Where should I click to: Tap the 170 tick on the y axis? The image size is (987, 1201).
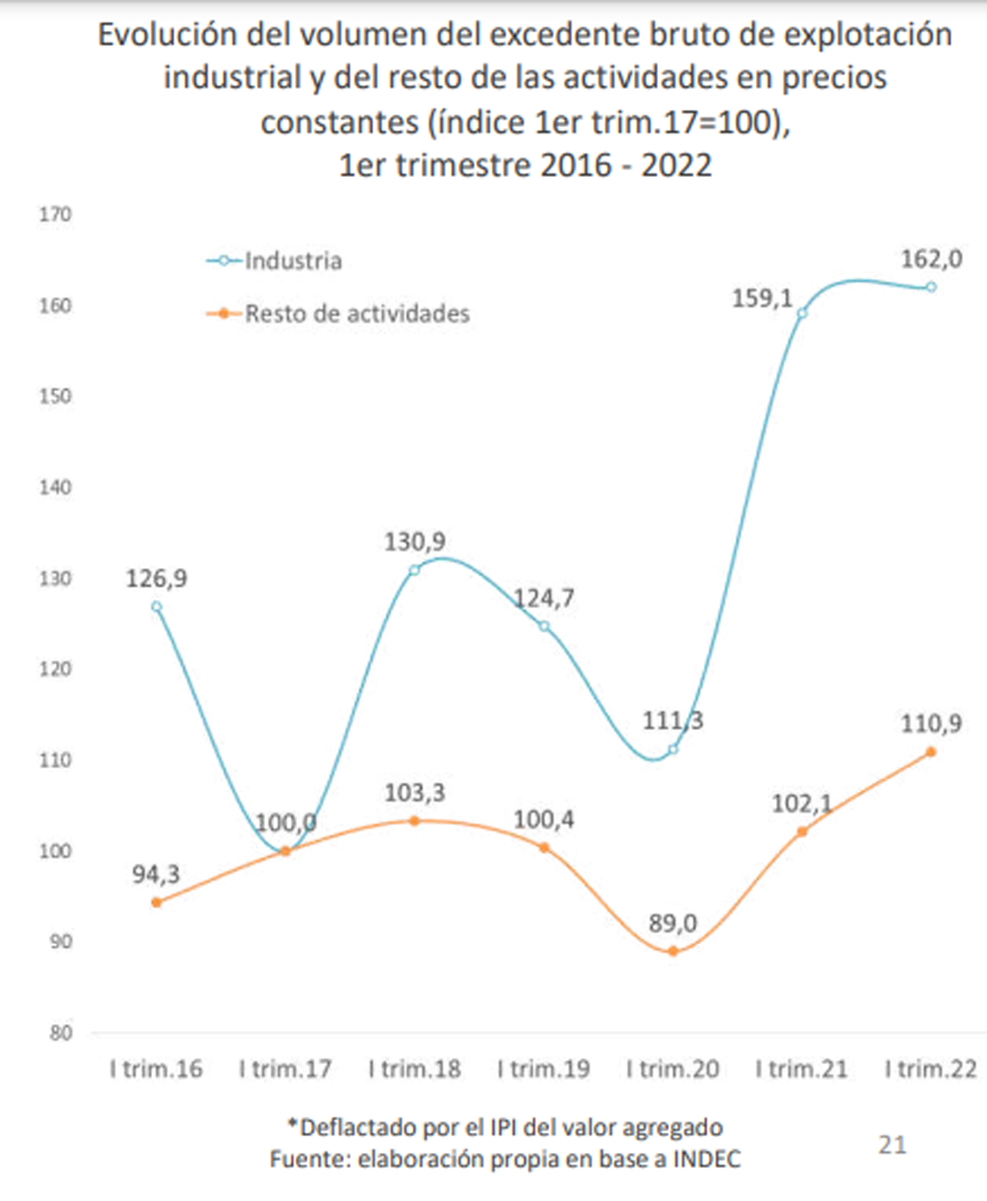[55, 214]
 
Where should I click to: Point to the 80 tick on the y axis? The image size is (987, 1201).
[60, 1033]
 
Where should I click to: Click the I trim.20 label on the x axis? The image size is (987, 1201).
[672, 1069]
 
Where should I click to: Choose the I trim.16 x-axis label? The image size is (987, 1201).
[156, 1069]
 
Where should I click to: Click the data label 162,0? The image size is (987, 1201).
[931, 259]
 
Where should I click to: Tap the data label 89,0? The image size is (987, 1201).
[672, 923]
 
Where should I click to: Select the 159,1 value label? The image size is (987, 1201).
[762, 298]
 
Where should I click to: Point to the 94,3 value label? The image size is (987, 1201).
[156, 874]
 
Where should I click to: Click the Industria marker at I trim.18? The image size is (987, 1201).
[414, 570]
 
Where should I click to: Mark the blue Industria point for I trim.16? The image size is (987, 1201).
[156, 606]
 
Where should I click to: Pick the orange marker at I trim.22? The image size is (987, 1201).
[931, 752]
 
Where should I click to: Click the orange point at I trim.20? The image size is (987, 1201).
[673, 951]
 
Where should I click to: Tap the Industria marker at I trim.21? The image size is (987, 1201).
[802, 313]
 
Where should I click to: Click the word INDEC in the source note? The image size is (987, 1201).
[706, 1159]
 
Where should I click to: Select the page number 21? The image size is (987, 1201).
[892, 1144]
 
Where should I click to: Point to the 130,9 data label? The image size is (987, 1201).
[414, 541]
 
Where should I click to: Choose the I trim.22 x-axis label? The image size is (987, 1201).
[931, 1069]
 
